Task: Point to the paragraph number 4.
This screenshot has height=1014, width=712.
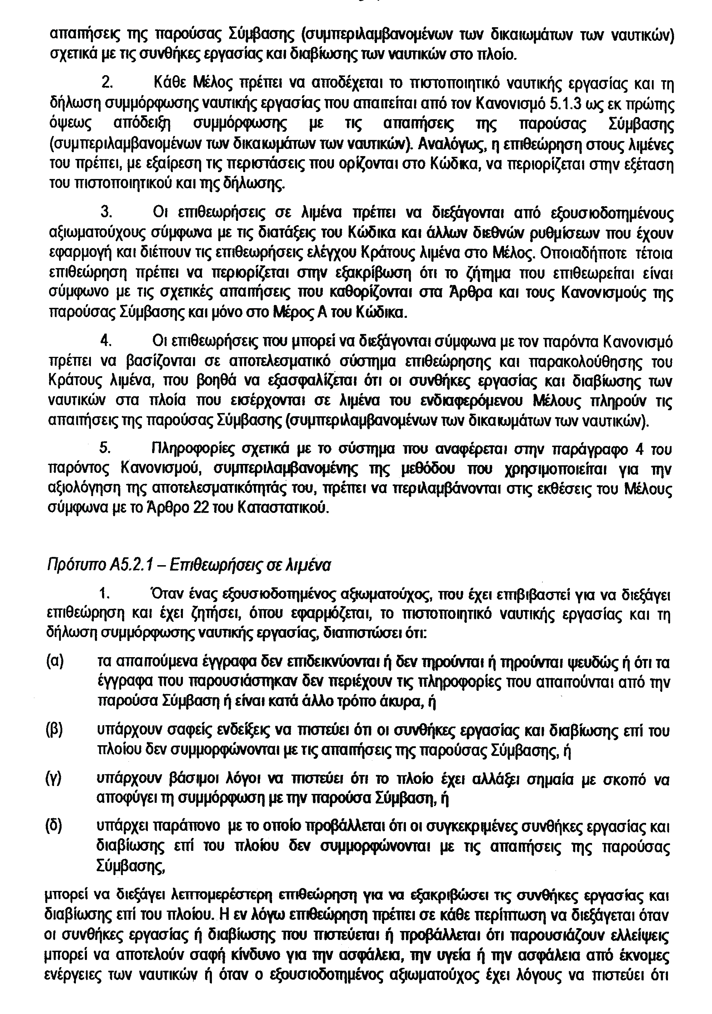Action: click(106, 341)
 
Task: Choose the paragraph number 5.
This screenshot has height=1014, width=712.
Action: click(106, 449)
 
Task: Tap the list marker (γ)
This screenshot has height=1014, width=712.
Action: click(54, 780)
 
